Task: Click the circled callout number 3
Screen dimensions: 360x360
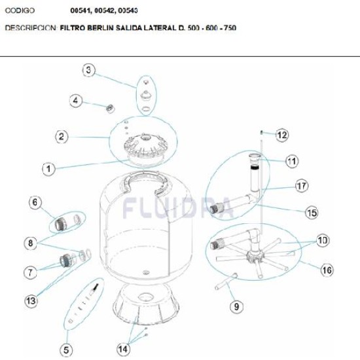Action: point(88,70)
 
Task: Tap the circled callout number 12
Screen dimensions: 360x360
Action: point(282,135)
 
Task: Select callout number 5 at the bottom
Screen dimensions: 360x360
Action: point(66,350)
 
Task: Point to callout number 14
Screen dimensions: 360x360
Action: point(123,349)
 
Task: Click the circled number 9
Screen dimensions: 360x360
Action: point(236,306)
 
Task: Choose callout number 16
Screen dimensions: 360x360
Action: point(327,270)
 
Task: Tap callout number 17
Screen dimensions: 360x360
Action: point(302,186)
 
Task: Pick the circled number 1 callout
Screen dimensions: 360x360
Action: point(48,169)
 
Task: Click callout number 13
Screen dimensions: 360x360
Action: point(31,300)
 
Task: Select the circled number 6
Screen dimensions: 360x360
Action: point(35,202)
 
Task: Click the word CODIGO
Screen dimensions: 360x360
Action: point(20,10)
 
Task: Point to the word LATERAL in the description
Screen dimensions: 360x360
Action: point(159,27)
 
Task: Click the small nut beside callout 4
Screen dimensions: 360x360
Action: point(111,108)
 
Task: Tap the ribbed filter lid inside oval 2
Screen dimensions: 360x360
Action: point(145,146)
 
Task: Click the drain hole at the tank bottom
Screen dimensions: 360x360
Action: point(146,272)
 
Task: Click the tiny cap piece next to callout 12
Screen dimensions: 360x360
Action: point(261,132)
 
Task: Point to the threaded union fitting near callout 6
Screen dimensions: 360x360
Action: point(61,224)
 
